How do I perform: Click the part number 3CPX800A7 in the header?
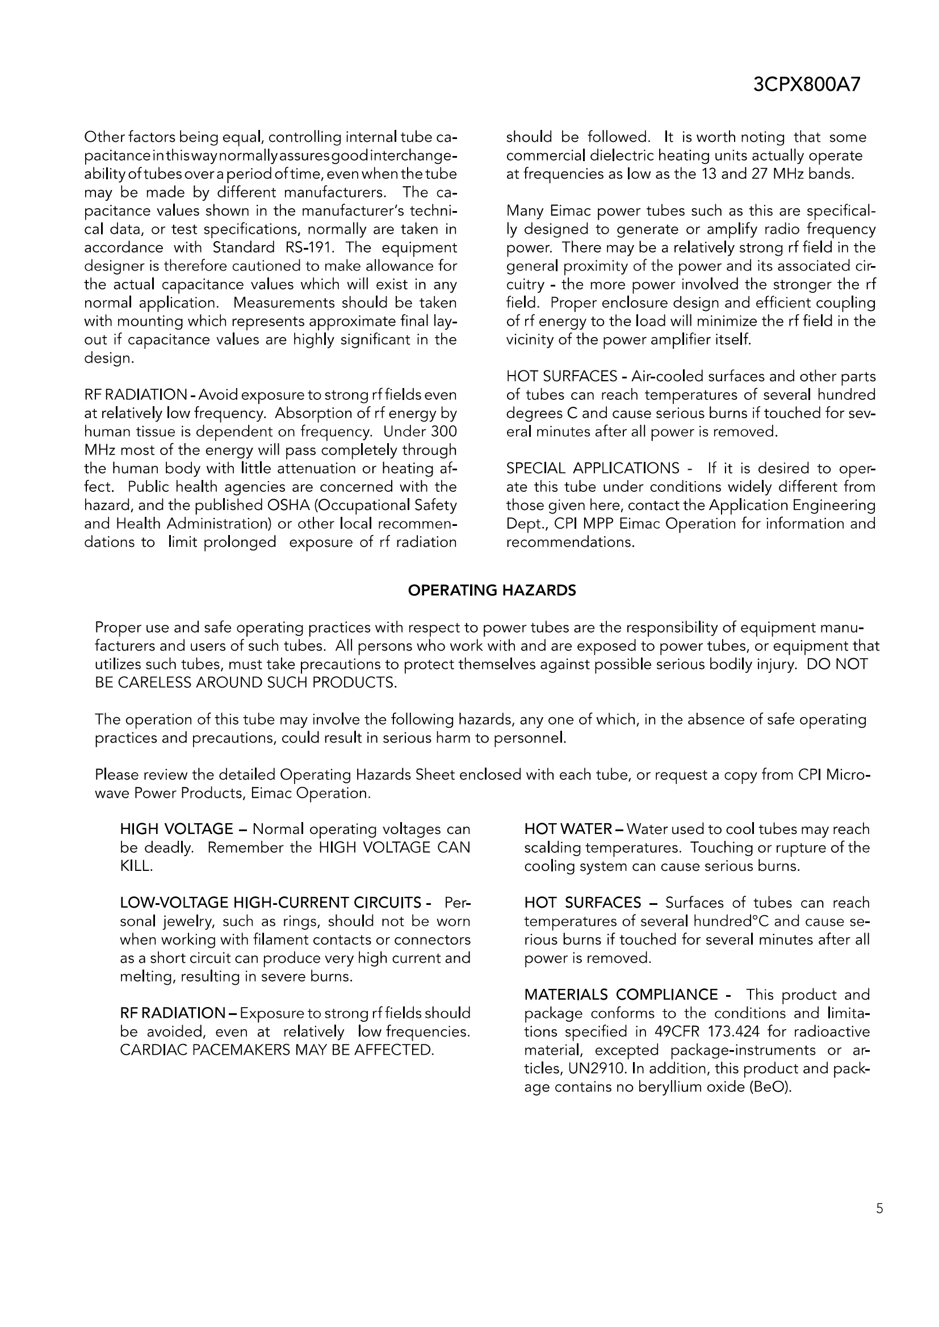[807, 85]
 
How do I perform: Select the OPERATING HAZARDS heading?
[492, 590]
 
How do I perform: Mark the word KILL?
[136, 866]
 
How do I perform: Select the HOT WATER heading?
[568, 829]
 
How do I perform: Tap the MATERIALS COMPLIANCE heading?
[628, 995]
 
